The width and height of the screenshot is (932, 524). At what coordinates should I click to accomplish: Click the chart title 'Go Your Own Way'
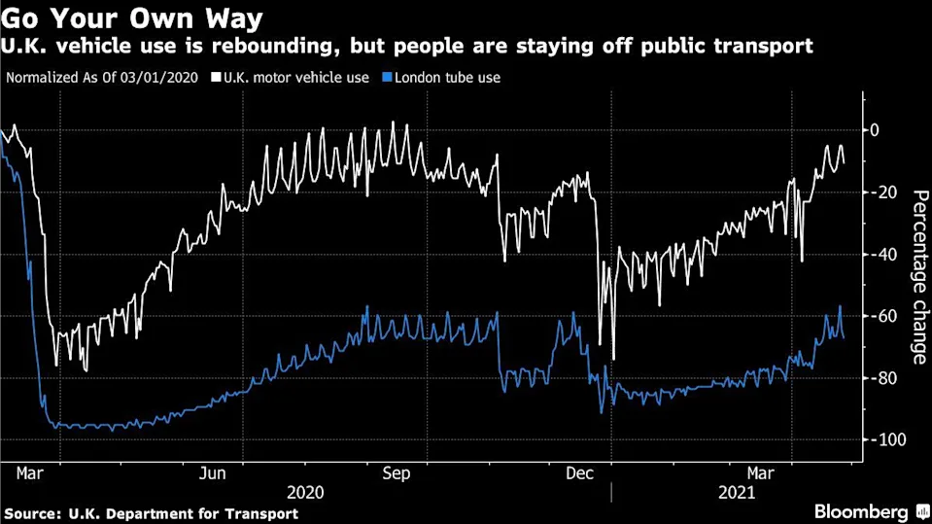(136, 18)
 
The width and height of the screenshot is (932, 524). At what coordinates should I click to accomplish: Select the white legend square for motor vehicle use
(215, 77)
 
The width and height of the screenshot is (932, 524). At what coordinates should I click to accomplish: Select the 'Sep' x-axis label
(396, 473)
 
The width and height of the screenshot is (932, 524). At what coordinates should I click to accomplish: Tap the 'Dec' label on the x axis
(579, 473)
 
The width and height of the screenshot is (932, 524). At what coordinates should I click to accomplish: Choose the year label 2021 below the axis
(736, 492)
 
